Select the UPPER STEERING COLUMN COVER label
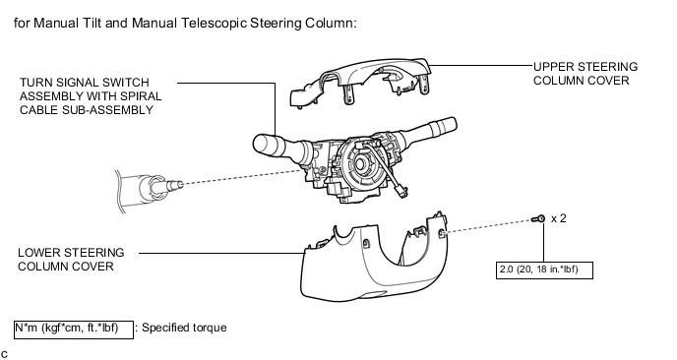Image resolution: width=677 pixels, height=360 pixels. coord(585,74)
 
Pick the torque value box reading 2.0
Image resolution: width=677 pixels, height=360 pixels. coord(547,266)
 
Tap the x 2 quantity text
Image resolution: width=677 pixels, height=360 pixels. coord(559,218)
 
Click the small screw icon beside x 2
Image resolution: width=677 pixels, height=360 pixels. coord(538,218)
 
